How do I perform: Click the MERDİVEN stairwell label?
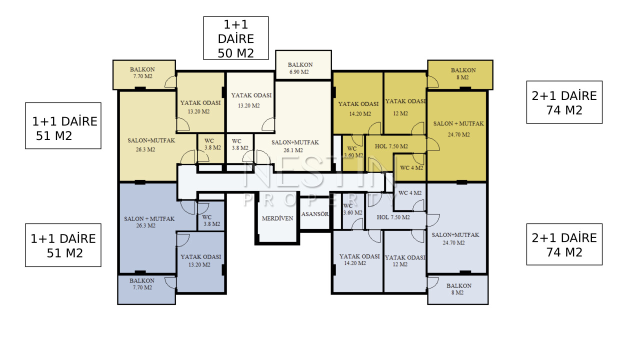tap(277, 218)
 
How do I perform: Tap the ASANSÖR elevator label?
tap(315, 214)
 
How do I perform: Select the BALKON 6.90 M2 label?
tap(300, 68)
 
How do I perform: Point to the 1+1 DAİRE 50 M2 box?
tap(235, 38)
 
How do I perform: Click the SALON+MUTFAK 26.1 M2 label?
tap(295, 146)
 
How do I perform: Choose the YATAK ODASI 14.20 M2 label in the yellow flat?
tap(358, 108)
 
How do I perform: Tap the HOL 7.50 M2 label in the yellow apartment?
tap(391, 146)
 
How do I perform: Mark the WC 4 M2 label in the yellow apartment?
tap(411, 167)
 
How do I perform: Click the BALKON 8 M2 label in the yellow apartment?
tap(463, 73)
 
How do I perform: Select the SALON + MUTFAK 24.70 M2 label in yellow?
tap(458, 129)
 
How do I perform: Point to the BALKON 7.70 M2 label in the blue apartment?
tap(142, 284)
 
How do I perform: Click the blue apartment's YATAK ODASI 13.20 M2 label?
tap(200, 260)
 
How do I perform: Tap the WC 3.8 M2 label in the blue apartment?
tap(211, 220)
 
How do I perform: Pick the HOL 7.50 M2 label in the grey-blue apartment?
tap(393, 217)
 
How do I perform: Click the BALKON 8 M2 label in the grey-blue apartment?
tap(459, 289)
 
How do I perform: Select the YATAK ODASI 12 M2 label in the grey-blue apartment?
tap(405, 261)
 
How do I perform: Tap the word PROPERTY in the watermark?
tap(320, 199)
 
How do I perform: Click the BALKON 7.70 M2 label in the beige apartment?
tap(142, 73)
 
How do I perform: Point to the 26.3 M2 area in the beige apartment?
tap(145, 149)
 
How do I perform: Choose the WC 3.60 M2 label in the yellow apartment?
tap(353, 152)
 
